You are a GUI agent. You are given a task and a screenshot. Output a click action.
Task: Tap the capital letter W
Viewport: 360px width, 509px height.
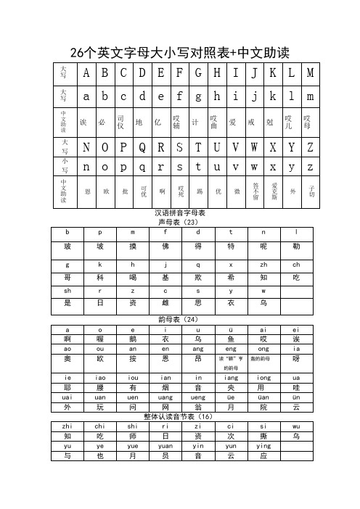pyautogui.click(x=254, y=146)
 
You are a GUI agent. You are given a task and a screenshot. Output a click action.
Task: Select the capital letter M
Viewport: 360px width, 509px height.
pyautogui.click(x=310, y=73)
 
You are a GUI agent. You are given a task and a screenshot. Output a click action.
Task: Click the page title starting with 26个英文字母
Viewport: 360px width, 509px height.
pyautogui.click(x=179, y=53)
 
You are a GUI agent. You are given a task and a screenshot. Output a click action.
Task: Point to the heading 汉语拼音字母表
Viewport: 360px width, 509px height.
pyautogui.click(x=180, y=213)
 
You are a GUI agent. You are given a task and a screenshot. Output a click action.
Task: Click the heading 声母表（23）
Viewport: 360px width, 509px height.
pyautogui.click(x=180, y=222)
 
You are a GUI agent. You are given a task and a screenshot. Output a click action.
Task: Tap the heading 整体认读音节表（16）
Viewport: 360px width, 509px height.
pyautogui.click(x=180, y=416)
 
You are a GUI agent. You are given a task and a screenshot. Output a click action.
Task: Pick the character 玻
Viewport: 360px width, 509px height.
pyautogui.click(x=67, y=247)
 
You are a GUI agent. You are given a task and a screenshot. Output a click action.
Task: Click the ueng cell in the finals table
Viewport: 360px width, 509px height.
pyautogui.click(x=198, y=397)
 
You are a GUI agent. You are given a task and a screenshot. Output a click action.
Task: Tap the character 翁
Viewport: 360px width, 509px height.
pyautogui.click(x=198, y=407)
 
